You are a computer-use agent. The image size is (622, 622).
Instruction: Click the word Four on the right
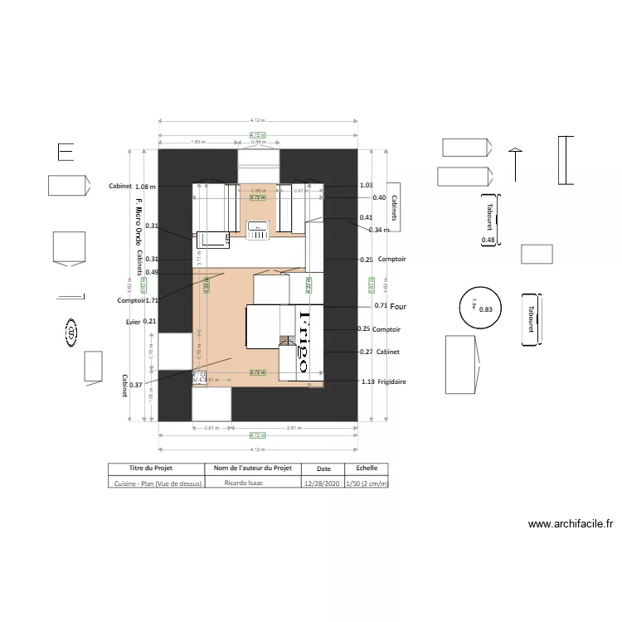tap(398, 306)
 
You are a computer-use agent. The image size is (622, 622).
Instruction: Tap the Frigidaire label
tap(392, 381)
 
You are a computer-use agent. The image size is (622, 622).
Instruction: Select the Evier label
tap(134, 321)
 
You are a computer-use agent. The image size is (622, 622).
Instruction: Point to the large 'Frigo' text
tap(304, 341)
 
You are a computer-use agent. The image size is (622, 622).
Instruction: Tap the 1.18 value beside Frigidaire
tap(368, 381)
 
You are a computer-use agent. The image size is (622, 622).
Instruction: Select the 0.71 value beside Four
tap(381, 306)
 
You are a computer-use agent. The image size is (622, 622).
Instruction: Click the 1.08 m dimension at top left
tap(146, 187)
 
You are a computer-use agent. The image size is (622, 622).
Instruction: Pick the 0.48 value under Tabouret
tap(488, 241)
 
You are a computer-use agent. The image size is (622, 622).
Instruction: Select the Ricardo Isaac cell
tap(253, 483)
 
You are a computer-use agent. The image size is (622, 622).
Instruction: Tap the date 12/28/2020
tap(323, 483)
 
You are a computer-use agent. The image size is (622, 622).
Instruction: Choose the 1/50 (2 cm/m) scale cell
tap(367, 483)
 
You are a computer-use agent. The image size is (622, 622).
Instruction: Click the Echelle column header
tap(366, 469)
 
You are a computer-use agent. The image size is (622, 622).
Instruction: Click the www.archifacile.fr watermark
tap(570, 524)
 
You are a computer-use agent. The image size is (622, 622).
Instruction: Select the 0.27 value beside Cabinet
tap(366, 352)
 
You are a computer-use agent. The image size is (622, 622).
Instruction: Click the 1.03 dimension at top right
tap(367, 186)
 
